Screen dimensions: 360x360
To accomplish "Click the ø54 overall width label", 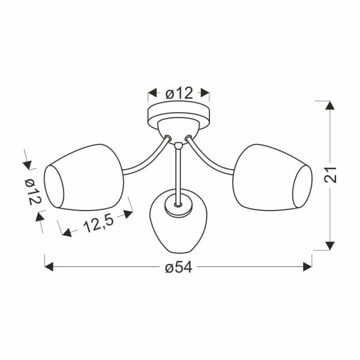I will (178, 268).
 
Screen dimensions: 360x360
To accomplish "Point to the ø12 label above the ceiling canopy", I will (179, 93).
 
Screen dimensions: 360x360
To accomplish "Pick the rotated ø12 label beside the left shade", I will (33, 193).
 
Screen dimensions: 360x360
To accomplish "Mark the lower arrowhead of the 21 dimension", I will (329, 245).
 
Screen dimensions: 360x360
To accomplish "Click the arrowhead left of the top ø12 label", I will (152, 93).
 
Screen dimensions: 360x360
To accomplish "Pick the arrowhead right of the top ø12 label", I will (205, 93).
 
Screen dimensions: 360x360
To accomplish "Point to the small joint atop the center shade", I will (178, 204).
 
